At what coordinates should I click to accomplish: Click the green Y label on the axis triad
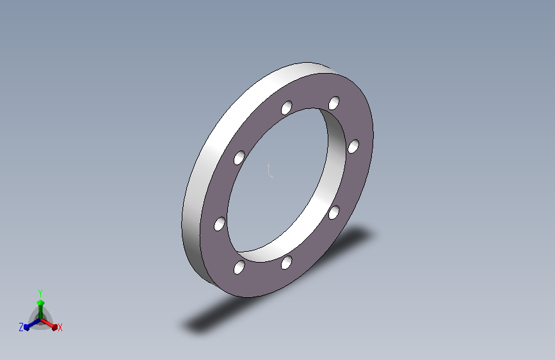pos(40,293)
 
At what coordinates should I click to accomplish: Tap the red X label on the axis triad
pos(60,327)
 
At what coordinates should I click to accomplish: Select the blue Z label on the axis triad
pos(21,327)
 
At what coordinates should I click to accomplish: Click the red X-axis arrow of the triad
pos(49,324)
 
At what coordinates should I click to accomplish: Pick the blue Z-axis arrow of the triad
pos(33,324)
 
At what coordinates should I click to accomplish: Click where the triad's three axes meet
pos(40,320)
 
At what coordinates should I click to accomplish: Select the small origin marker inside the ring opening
pos(270,170)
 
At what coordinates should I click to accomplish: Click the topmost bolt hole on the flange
pos(334,103)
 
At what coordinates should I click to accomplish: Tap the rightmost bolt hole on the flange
pos(353,146)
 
